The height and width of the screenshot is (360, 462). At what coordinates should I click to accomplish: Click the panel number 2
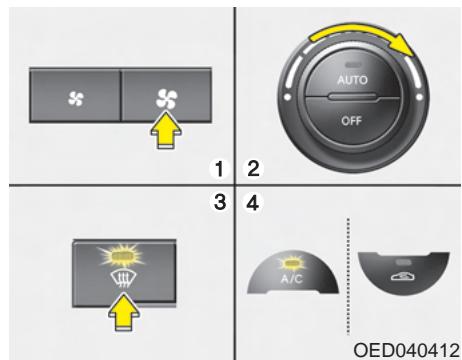coord(253,164)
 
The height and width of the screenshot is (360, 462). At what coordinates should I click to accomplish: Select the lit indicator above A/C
coord(287,259)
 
